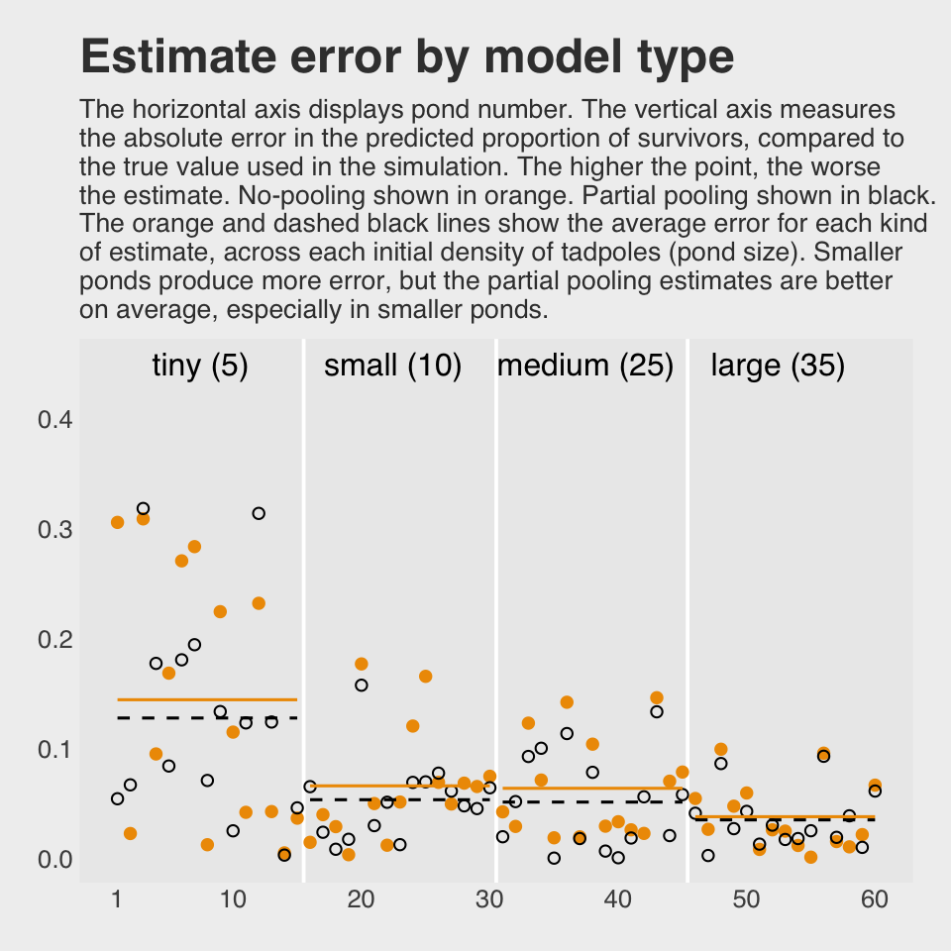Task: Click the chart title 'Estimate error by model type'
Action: [x=406, y=57]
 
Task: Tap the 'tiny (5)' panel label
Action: [x=199, y=367]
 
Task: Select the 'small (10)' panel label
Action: [x=393, y=367]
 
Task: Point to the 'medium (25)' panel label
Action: [x=584, y=367]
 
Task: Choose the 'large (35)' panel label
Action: [x=778, y=367]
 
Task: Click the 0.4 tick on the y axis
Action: [x=54, y=420]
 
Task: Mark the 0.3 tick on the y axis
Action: [x=54, y=530]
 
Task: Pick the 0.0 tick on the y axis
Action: [x=54, y=859]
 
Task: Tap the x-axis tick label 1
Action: [x=117, y=899]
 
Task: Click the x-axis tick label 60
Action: [x=875, y=899]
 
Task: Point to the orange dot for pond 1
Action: [x=117, y=522]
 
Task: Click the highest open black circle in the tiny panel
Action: [x=143, y=509]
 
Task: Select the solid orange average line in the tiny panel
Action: [x=207, y=699]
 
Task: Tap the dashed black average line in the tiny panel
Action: [x=207, y=717]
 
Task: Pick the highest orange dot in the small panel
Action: [x=362, y=664]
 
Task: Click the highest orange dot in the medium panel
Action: [x=656, y=698]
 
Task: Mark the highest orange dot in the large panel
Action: [x=720, y=750]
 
